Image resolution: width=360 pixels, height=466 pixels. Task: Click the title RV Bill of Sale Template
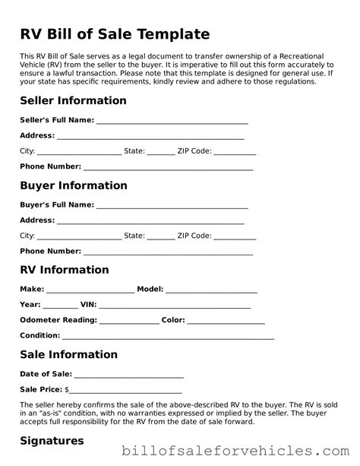115,34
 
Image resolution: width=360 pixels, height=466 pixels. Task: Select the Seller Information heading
73,101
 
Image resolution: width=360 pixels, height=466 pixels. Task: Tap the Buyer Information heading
73,185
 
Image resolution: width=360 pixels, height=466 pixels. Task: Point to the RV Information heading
65,270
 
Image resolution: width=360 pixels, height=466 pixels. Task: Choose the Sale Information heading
68,354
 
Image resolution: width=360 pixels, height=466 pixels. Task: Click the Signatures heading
52,440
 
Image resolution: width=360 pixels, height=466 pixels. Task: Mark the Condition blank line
168,337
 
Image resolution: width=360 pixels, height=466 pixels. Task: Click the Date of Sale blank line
129,376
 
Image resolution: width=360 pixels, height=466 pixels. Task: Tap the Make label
32,290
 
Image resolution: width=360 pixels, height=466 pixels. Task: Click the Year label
30,305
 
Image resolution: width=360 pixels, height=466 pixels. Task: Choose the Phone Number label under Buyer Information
50,251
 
